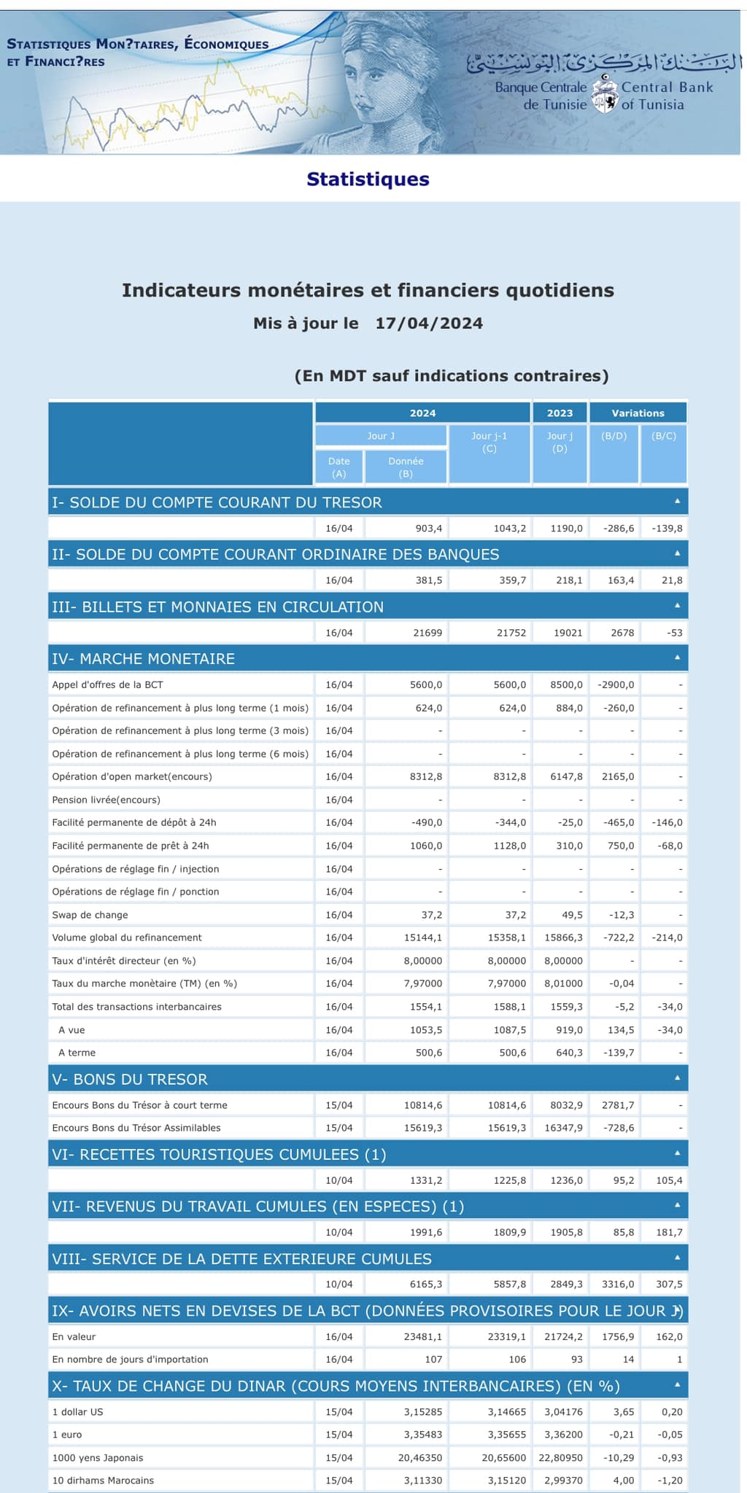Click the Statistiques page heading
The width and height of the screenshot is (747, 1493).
(368, 179)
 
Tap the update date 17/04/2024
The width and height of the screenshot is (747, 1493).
(429, 324)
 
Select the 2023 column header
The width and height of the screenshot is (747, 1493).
(560, 413)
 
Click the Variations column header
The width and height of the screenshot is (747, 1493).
(638, 413)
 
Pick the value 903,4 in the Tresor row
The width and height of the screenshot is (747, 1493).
(428, 529)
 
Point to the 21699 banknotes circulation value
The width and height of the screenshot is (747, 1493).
(427, 633)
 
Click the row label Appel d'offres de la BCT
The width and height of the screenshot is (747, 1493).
(107, 685)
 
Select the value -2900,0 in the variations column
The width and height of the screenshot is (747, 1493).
(616, 685)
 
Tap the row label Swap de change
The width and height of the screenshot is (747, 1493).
(90, 915)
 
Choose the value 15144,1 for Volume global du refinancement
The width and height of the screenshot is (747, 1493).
(423, 938)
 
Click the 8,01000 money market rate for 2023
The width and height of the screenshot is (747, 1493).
(564, 984)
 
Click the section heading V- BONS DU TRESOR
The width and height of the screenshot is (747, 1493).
(130, 1080)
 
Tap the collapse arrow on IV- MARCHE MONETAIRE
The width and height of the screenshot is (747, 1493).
(677, 658)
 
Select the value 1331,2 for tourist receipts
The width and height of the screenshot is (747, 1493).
(426, 1181)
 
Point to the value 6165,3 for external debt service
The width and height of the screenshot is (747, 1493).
(426, 1285)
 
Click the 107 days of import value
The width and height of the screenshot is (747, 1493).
(433, 1360)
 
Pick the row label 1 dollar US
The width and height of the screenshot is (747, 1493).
(77, 1412)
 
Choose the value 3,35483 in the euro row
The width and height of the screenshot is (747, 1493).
(423, 1435)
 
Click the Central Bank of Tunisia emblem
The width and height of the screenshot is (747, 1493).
(604, 95)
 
